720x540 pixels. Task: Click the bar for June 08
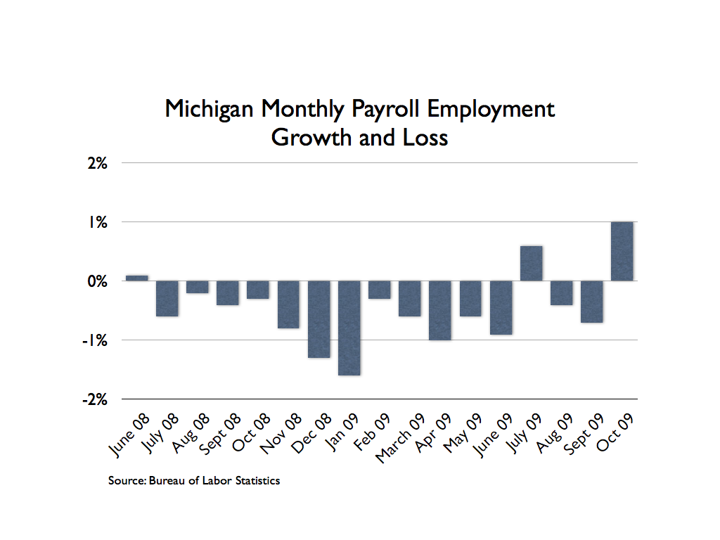[136, 278]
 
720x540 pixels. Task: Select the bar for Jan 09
[349, 328]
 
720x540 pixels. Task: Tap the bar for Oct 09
[622, 251]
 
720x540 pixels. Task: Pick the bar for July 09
[531, 263]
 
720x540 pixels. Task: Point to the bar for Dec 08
[319, 319]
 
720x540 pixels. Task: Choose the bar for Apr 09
[440, 310]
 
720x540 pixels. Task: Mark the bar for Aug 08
[198, 287]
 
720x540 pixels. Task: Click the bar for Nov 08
[288, 304]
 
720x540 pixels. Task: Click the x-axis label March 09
[399, 437]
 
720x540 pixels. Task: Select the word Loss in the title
[424, 137]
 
